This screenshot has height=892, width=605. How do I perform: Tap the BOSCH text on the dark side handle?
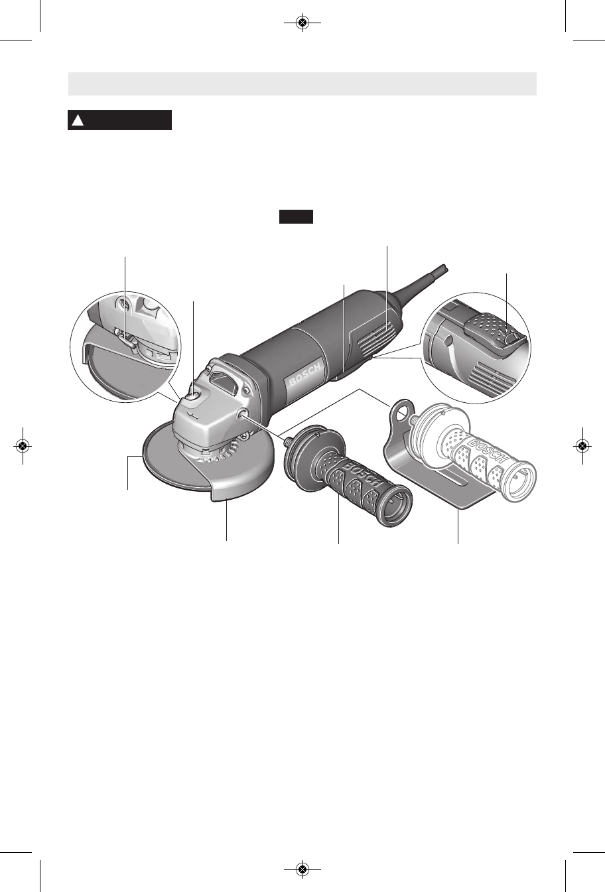[361, 475]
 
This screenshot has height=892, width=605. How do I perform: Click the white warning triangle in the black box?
[78, 120]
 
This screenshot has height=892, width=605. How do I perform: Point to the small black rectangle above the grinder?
[296, 216]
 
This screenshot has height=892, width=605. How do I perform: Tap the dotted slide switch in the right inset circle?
[494, 329]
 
